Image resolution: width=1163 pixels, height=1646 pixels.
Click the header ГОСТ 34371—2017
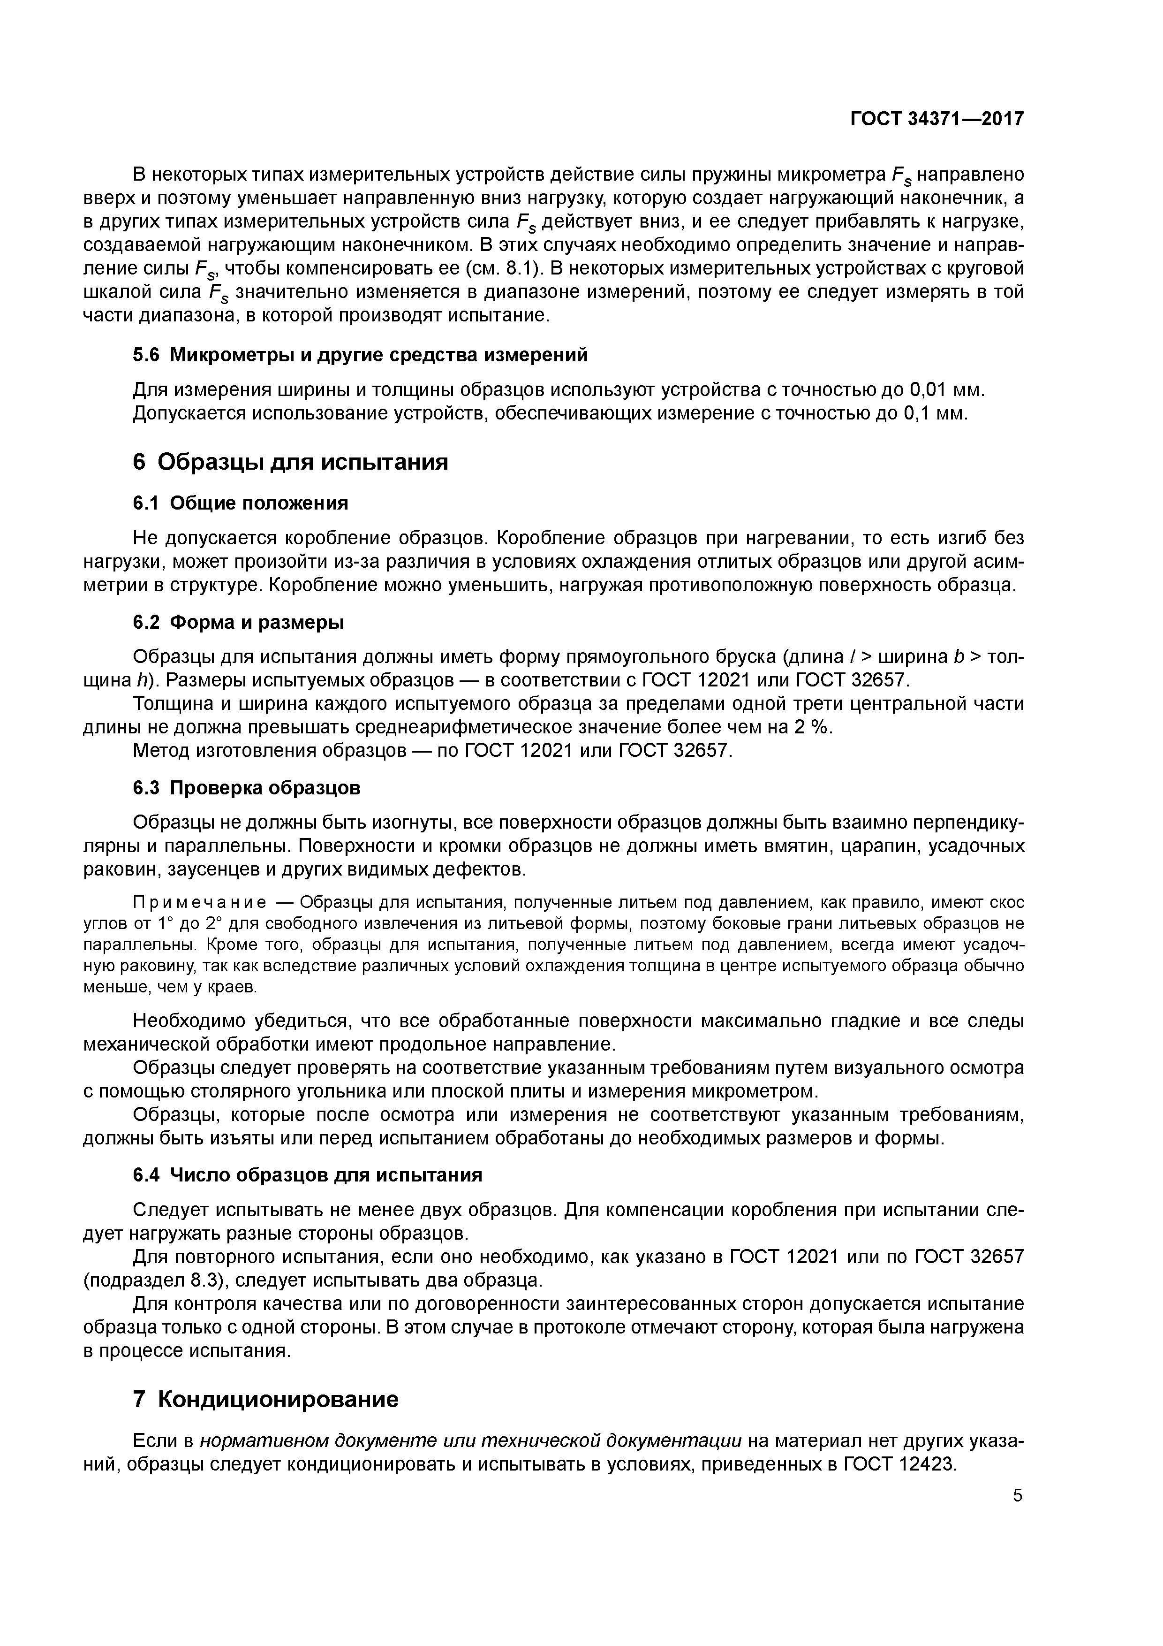936,119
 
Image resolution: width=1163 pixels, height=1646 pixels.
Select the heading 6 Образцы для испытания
290,462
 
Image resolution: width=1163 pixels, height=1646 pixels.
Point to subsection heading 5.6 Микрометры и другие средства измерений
361,354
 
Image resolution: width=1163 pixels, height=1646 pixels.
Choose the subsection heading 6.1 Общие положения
241,503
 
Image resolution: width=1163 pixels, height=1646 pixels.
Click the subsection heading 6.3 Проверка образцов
247,788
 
